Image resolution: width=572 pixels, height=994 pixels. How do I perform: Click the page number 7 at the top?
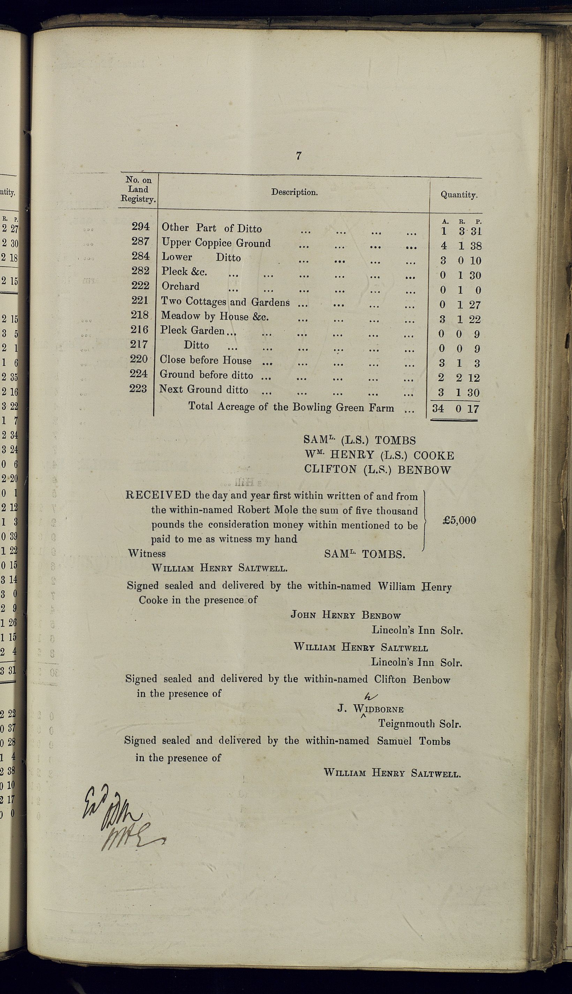click(299, 156)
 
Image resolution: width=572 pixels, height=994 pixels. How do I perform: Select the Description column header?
click(294, 193)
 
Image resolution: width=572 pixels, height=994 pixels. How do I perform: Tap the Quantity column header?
click(458, 194)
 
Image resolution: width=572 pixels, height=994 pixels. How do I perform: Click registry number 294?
click(140, 226)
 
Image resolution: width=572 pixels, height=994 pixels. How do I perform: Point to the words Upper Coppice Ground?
click(216, 243)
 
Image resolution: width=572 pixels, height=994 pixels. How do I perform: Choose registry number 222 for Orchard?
click(140, 285)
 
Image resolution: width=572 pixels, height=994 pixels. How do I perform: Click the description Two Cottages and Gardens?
click(226, 301)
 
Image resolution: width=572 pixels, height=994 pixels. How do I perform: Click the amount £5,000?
click(459, 520)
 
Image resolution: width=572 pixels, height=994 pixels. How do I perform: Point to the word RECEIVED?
click(158, 495)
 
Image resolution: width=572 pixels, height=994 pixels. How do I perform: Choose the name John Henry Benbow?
click(346, 615)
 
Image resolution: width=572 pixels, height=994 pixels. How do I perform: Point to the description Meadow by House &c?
click(214, 316)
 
